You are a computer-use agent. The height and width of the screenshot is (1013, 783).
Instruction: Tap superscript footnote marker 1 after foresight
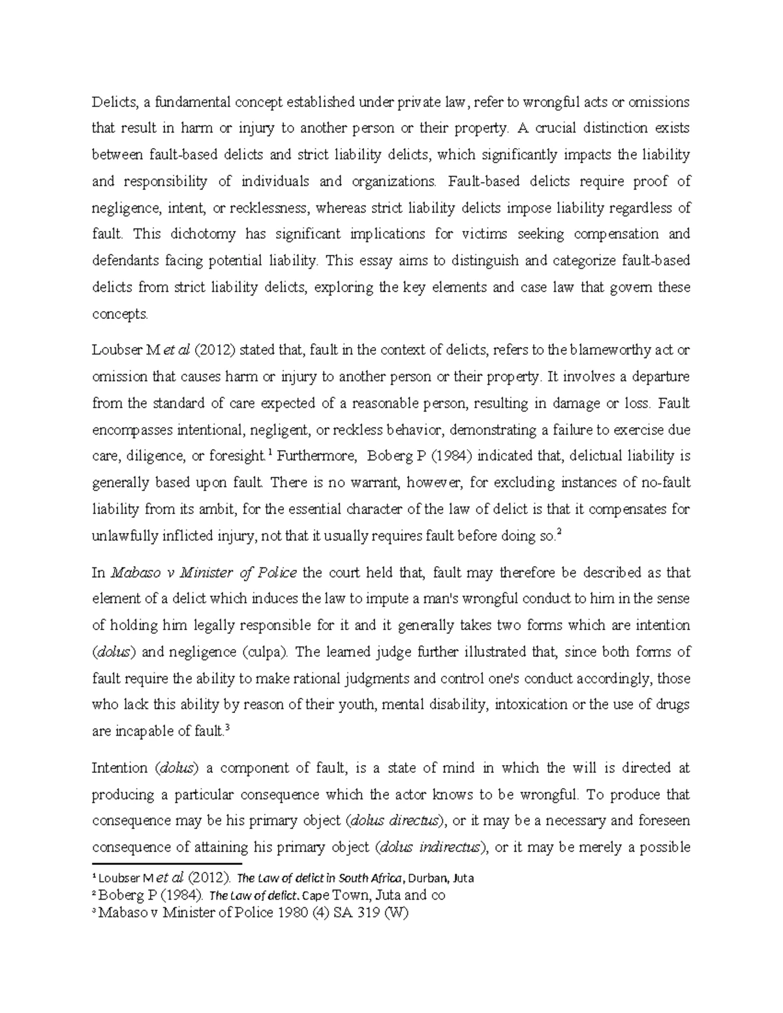tap(270, 452)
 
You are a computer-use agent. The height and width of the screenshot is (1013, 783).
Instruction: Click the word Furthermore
tap(316, 456)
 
